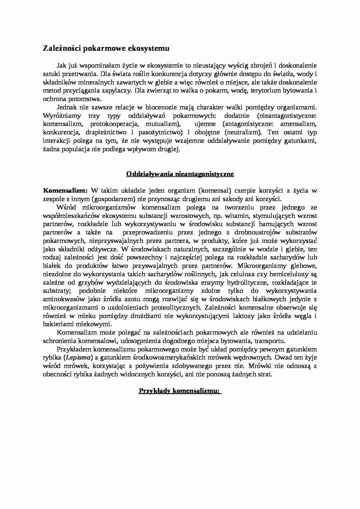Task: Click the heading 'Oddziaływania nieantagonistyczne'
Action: [180, 174]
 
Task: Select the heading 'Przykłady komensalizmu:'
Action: [180, 391]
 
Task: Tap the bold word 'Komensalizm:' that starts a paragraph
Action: [65, 191]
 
